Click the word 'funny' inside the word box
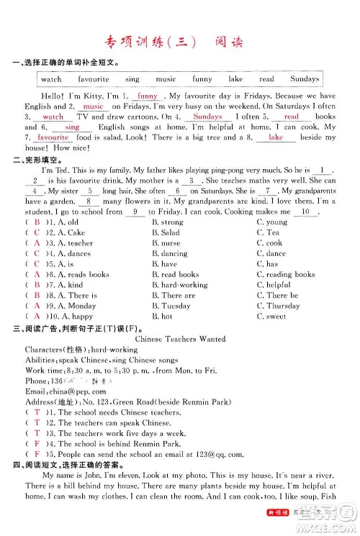point(202,78)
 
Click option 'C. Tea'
point(268,232)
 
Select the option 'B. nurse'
point(168,243)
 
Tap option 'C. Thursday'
point(278,305)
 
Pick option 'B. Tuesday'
point(171,305)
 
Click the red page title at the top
point(179,43)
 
